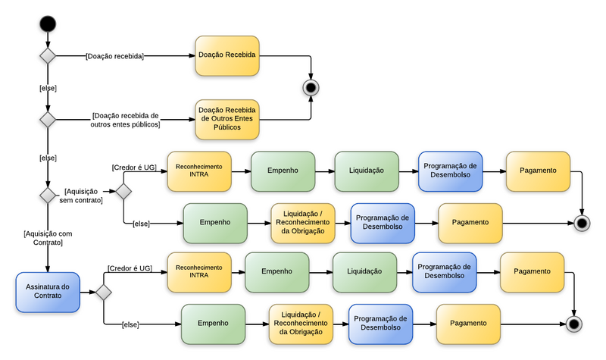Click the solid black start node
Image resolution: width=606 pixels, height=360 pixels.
click(48, 23)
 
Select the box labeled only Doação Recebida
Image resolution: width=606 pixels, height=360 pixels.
click(227, 56)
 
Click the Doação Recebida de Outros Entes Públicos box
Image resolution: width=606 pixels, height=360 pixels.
click(227, 119)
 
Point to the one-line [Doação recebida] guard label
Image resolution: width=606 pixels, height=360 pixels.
click(115, 56)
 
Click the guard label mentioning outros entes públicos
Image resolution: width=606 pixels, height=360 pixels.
click(125, 120)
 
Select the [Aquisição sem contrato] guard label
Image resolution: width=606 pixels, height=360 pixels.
click(83, 196)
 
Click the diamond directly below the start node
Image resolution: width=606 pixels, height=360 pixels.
click(48, 56)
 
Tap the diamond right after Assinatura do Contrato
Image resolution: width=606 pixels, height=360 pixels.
click(103, 292)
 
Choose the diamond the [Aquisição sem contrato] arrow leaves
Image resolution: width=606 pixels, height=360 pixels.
click(48, 196)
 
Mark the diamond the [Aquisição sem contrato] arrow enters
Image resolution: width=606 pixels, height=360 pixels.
click(123, 191)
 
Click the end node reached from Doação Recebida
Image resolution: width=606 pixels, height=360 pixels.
click(311, 87)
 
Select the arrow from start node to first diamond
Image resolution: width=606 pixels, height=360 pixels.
click(48, 40)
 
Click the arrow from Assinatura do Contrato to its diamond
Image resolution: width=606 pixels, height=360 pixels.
click(87, 292)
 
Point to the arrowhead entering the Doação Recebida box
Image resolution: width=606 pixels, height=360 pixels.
click(191, 56)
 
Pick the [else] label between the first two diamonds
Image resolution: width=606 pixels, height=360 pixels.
click(48, 88)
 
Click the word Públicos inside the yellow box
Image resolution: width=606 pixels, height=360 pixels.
click(227, 128)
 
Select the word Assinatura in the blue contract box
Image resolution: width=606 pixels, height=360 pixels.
click(48, 286)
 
